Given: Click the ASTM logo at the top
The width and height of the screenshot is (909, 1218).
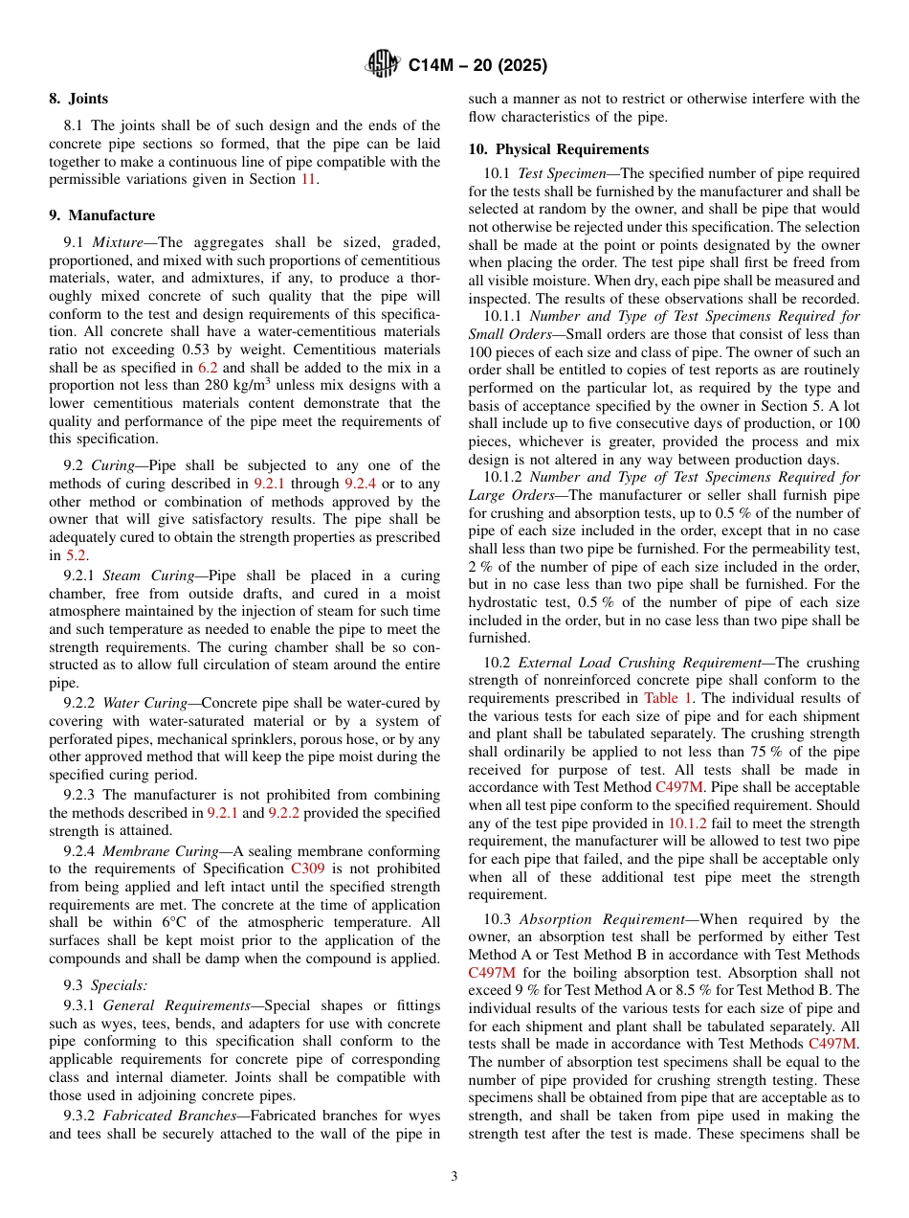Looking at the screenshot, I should (383, 66).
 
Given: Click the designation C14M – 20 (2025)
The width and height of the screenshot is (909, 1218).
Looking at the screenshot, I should (477, 66).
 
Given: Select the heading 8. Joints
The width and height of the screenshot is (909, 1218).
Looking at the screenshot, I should (78, 99).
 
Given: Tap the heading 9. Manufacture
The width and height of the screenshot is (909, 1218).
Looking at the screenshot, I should (101, 215).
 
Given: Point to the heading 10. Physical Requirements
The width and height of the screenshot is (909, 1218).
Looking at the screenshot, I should (558, 149).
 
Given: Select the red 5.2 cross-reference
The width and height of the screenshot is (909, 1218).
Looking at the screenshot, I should (76, 555).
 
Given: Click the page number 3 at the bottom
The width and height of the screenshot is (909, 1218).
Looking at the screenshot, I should (454, 1177).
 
